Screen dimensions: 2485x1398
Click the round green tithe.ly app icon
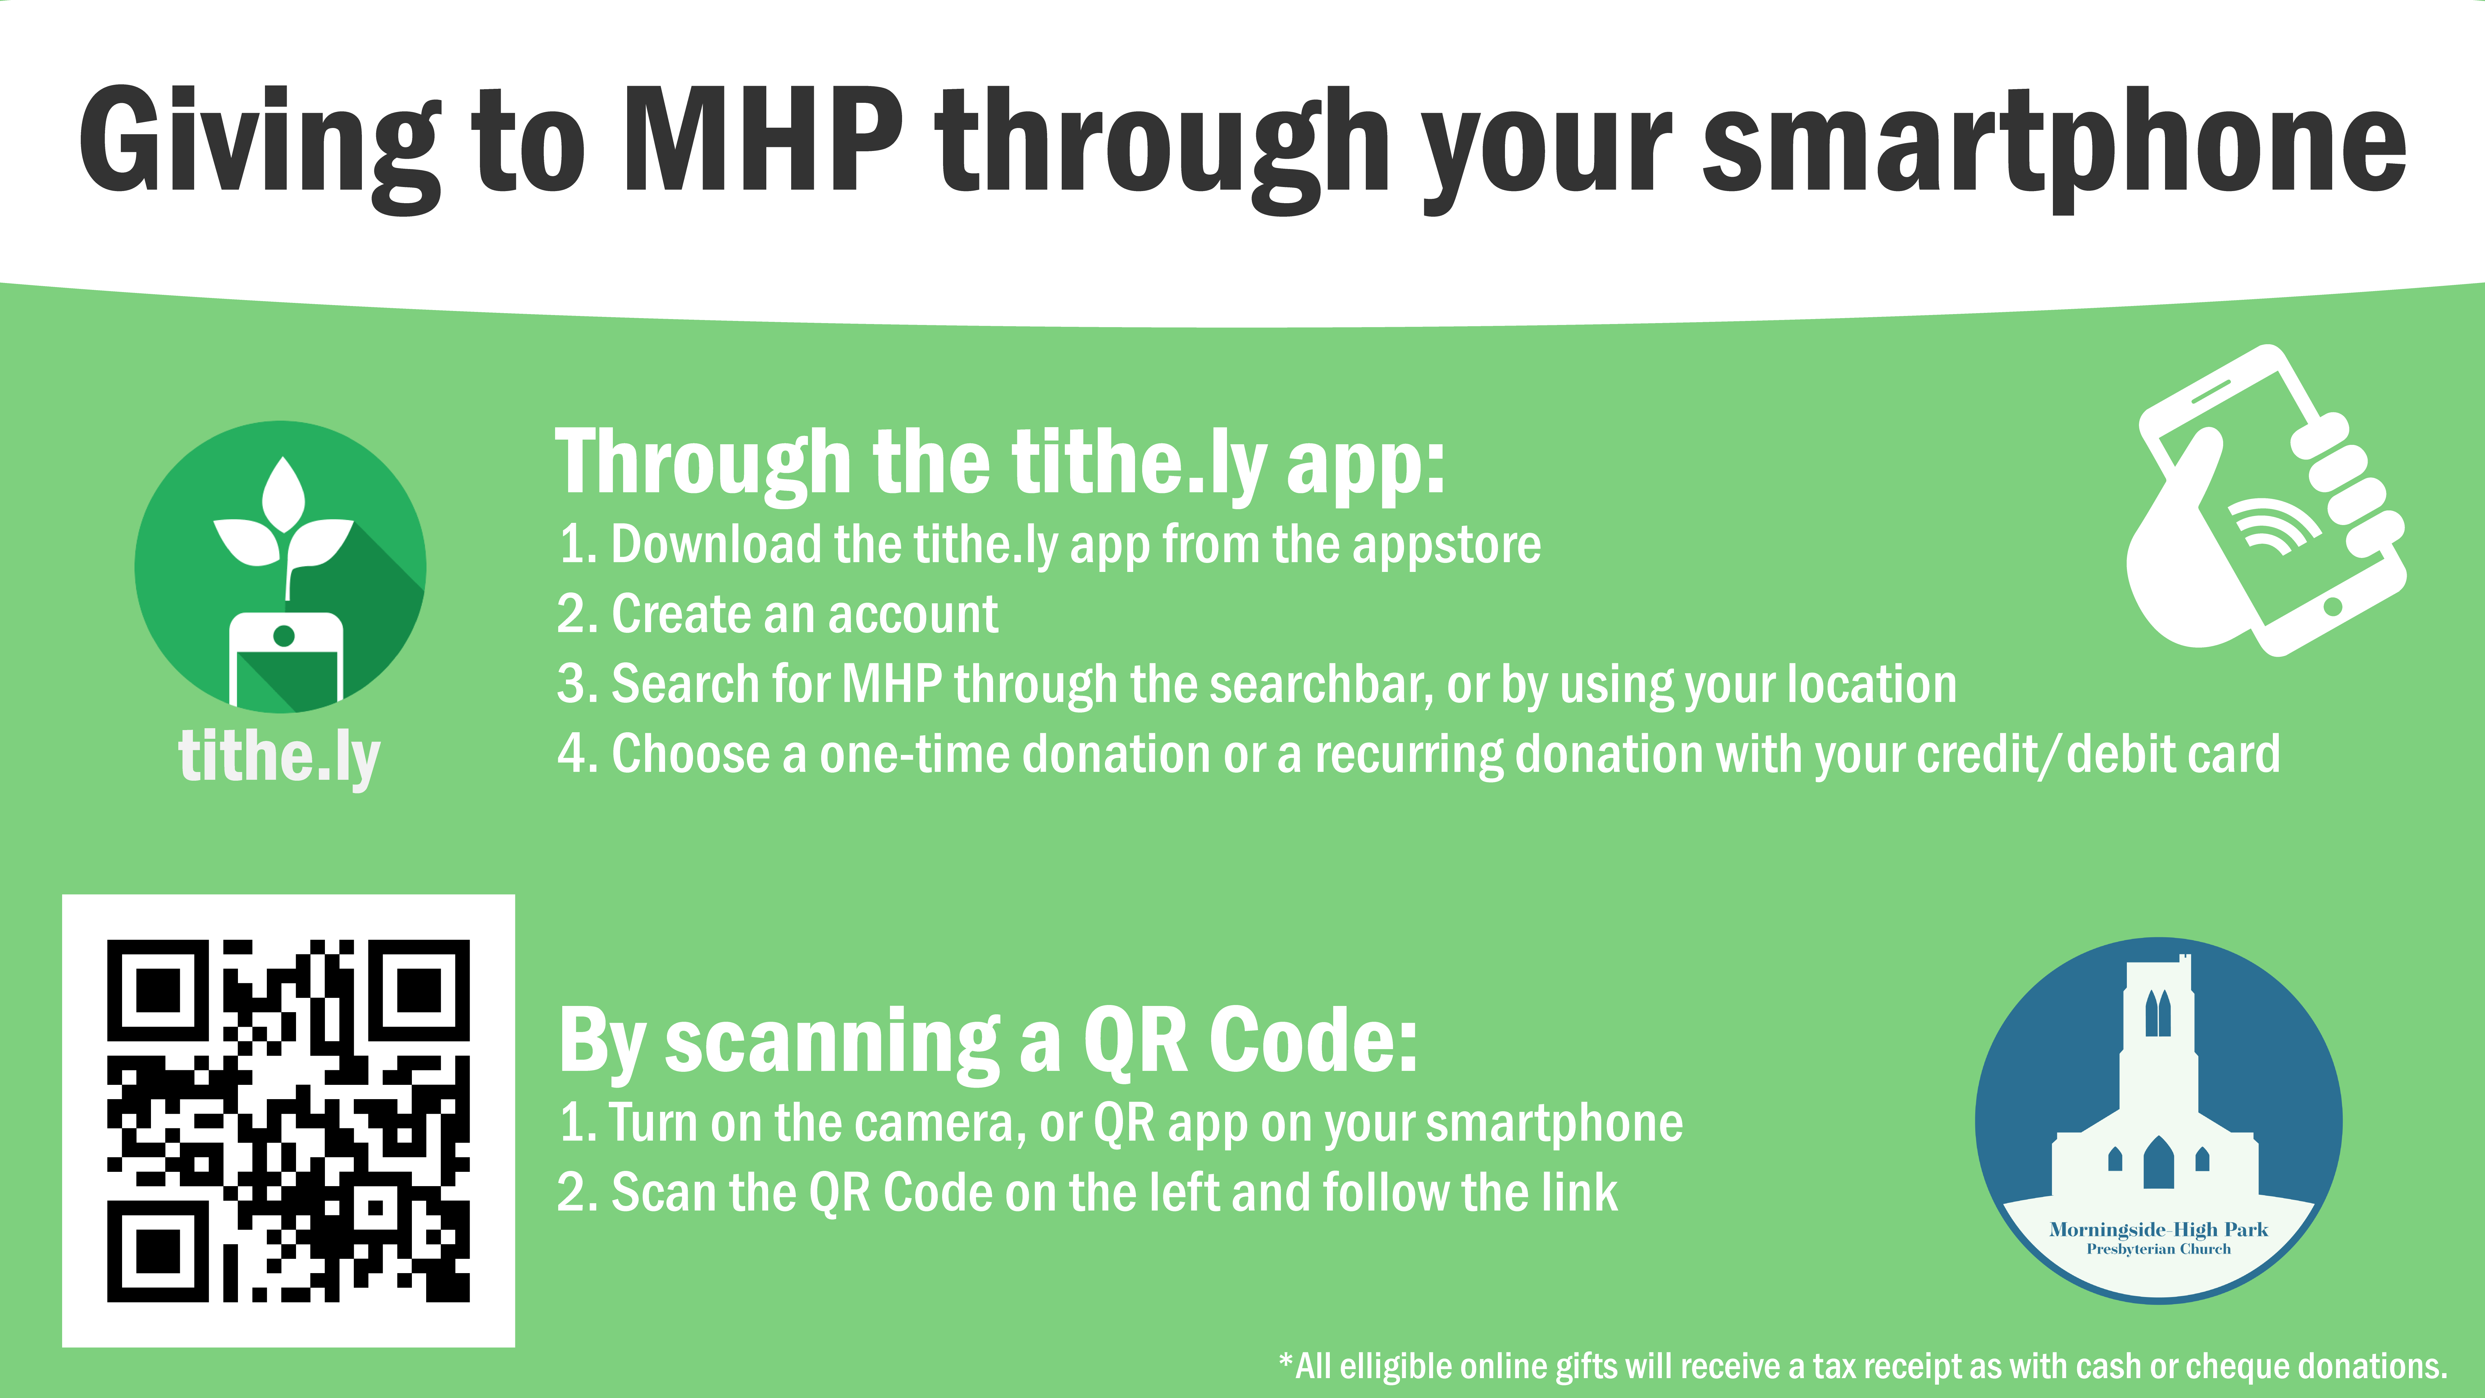click(280, 567)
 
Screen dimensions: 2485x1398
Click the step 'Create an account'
click(805, 614)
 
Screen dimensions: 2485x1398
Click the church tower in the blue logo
click(2158, 1042)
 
